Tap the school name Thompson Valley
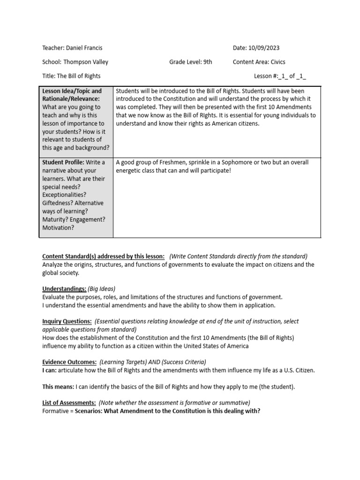(86, 62)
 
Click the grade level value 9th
(207, 62)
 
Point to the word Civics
(277, 62)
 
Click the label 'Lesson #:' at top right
(268, 76)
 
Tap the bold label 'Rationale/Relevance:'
(71, 99)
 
